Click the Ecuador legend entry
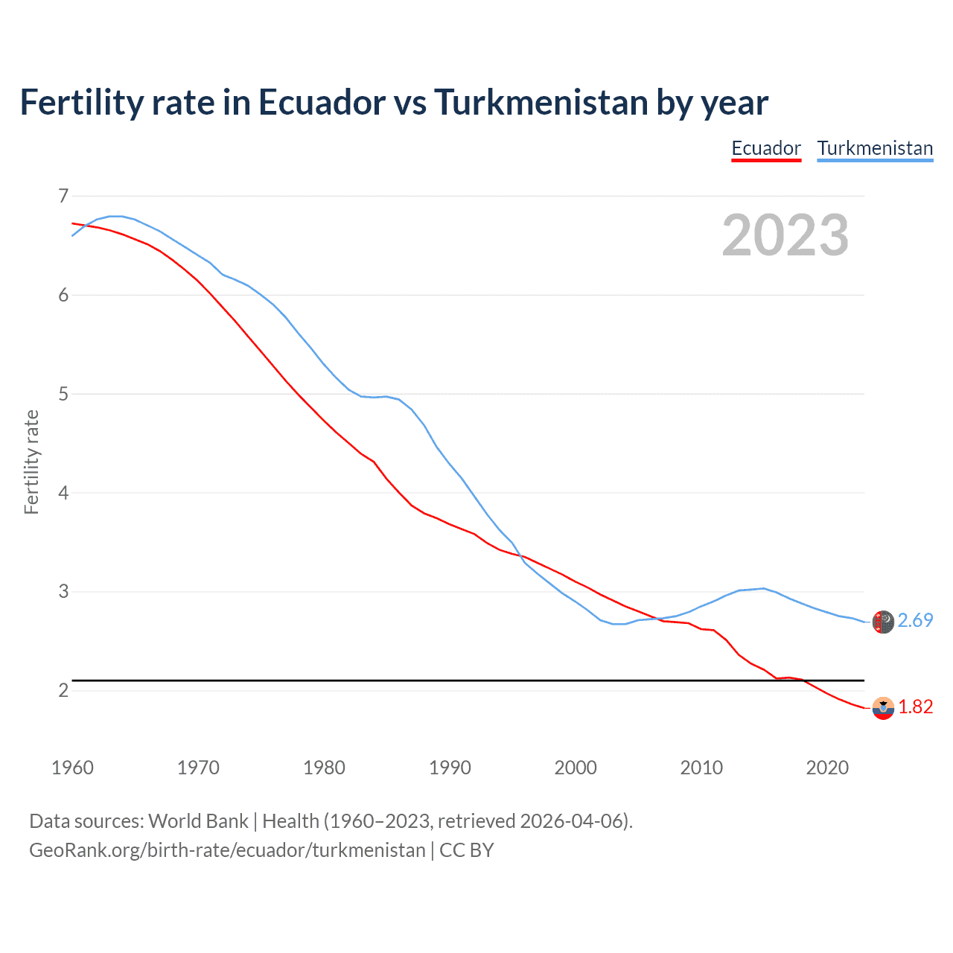click(x=766, y=148)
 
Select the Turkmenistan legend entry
click(x=875, y=148)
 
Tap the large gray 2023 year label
click(x=785, y=235)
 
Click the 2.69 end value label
click(x=915, y=620)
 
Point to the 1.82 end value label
click(x=915, y=707)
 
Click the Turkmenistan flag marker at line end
click(x=883, y=622)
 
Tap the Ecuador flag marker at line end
click(x=883, y=708)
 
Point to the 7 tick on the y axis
click(x=63, y=196)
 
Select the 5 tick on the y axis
click(x=63, y=394)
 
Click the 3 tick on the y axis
click(x=63, y=592)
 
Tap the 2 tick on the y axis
click(x=63, y=690)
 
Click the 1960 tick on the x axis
click(x=72, y=768)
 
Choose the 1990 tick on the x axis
click(x=450, y=768)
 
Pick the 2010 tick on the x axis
click(x=701, y=768)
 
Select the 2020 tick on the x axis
click(x=827, y=768)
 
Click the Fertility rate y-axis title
click(x=31, y=462)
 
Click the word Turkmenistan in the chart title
click(x=541, y=102)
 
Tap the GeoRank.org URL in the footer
click(x=227, y=850)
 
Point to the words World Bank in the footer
click(x=198, y=821)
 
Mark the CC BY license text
click(x=467, y=850)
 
